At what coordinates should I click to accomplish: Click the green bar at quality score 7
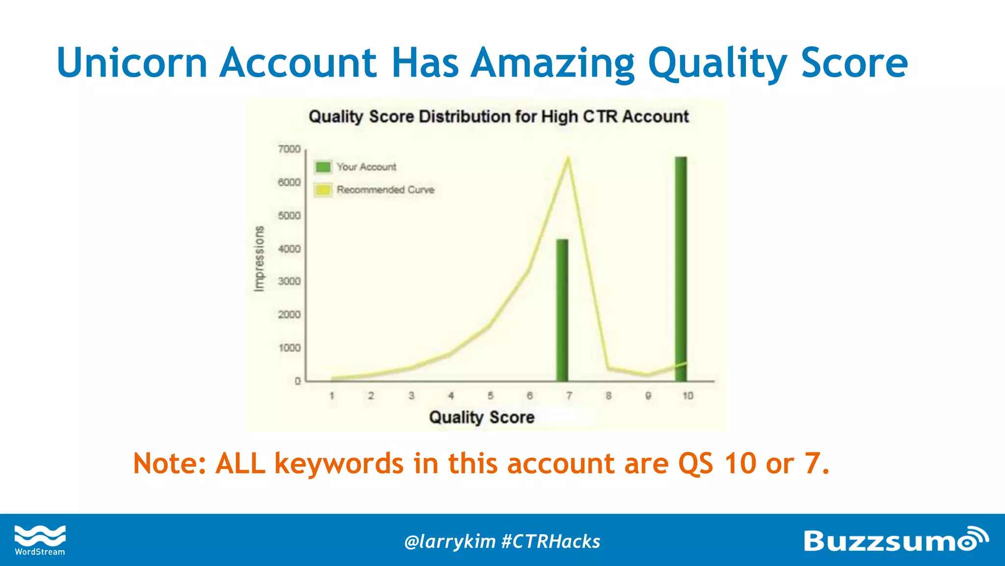(x=562, y=310)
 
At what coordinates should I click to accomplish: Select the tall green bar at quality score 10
(x=681, y=268)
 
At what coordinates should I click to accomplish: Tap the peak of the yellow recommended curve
(x=568, y=159)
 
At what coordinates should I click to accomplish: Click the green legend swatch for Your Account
(x=323, y=167)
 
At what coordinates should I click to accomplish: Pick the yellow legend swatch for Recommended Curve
(x=323, y=190)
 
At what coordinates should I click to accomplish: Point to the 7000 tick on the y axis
(x=289, y=149)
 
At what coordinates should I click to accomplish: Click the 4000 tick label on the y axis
(x=289, y=249)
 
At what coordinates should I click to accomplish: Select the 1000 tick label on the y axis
(x=289, y=348)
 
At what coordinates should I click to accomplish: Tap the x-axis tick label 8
(x=608, y=396)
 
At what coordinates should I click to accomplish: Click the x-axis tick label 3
(x=411, y=396)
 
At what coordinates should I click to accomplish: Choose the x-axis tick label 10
(x=688, y=396)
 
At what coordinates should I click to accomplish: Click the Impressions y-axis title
(x=259, y=258)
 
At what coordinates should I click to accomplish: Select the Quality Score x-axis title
(x=481, y=417)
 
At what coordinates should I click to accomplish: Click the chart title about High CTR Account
(x=499, y=116)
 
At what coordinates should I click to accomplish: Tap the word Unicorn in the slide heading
(x=132, y=62)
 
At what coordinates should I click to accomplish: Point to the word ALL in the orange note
(x=240, y=463)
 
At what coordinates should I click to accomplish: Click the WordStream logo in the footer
(x=40, y=540)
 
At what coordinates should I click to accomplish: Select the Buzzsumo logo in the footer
(x=895, y=540)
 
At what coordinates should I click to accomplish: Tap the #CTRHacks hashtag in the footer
(x=551, y=541)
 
